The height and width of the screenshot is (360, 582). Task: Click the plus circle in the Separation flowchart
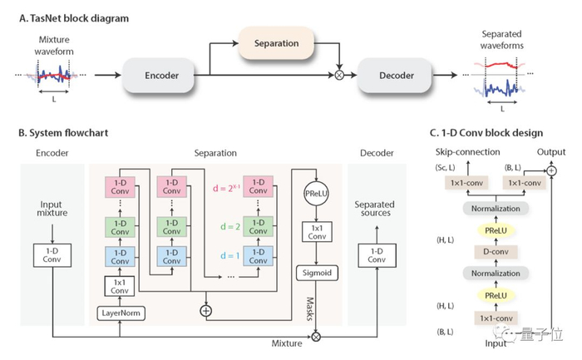coord(204,309)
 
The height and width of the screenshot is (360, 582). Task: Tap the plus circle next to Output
coord(550,170)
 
